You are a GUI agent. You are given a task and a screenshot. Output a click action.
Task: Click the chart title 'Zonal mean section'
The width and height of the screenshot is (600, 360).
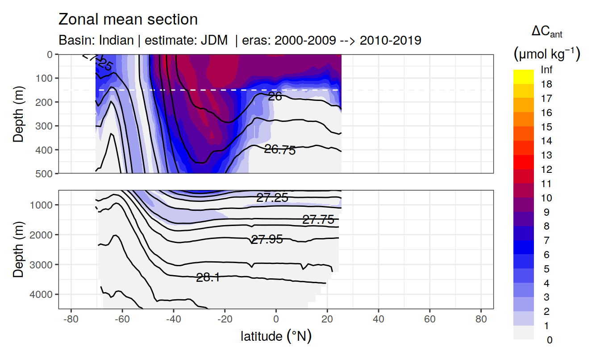tap(128, 20)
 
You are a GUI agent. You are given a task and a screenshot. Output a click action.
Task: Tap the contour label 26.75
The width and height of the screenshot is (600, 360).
tap(280, 150)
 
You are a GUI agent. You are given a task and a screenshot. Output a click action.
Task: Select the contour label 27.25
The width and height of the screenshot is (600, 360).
tap(272, 198)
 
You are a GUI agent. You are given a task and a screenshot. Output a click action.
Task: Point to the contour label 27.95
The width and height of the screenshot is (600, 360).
tap(267, 239)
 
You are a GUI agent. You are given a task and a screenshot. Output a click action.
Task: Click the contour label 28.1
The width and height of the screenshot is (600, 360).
tap(208, 278)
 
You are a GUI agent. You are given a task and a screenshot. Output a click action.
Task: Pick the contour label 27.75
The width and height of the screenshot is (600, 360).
tap(318, 219)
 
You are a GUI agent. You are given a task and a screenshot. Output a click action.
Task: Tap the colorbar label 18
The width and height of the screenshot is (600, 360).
tap(546, 84)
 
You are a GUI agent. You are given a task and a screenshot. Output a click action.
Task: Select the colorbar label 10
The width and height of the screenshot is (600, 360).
tap(546, 198)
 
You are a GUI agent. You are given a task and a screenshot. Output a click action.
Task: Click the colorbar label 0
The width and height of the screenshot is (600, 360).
tap(549, 340)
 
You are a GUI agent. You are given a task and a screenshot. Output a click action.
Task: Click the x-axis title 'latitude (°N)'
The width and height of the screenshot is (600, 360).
tap(276, 336)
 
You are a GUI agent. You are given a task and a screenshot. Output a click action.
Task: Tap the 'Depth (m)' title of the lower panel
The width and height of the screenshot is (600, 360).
tap(19, 249)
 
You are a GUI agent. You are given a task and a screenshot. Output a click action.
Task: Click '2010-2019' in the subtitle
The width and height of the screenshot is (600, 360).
tap(391, 41)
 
